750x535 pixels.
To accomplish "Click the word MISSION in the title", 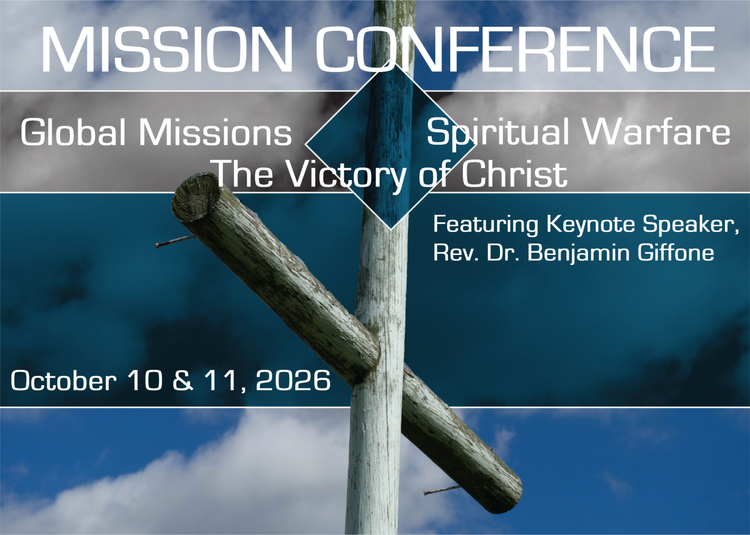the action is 167,49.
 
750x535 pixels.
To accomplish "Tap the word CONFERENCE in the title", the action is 515,49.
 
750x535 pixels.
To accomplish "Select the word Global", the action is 73,132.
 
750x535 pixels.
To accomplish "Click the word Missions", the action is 215,132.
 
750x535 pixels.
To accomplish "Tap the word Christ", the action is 514,173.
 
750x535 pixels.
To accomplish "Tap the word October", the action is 63,380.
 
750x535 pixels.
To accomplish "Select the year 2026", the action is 293,380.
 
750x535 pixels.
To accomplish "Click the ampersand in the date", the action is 183,380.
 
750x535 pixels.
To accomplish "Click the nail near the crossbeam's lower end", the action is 442,490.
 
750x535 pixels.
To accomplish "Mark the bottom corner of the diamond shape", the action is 391,229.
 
